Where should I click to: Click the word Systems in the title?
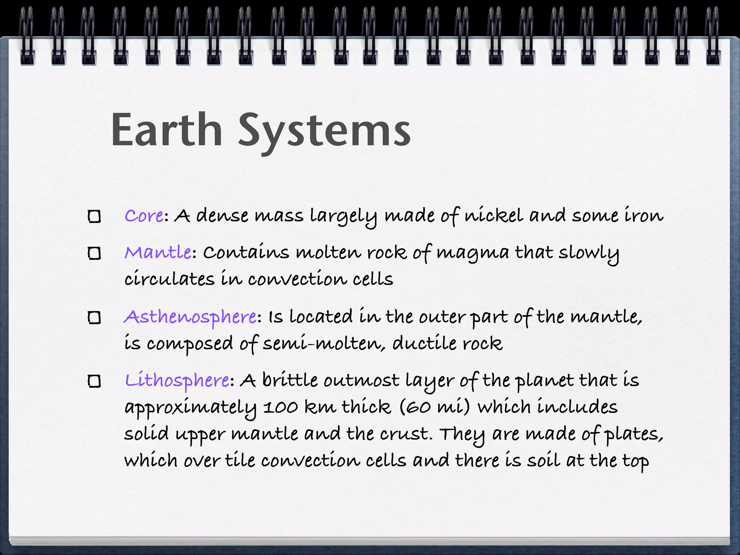tap(324, 132)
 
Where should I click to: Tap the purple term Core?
tap(144, 216)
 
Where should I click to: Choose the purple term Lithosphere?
tap(177, 380)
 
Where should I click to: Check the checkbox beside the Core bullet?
tap(95, 216)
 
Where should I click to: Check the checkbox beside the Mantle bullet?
tap(95, 253)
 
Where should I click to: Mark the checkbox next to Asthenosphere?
tap(95, 318)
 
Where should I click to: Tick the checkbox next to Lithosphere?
tap(95, 381)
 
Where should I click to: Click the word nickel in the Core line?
tap(494, 216)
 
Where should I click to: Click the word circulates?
tap(169, 279)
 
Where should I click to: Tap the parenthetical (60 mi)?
tap(435, 407)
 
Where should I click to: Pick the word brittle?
tap(290, 380)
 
